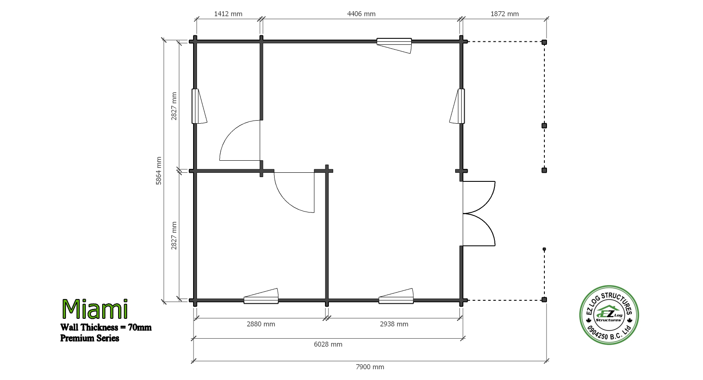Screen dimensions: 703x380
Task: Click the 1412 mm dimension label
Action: pyautogui.click(x=228, y=14)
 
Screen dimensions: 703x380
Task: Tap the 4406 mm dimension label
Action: pyautogui.click(x=361, y=14)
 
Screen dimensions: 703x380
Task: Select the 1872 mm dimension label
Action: pyautogui.click(x=505, y=14)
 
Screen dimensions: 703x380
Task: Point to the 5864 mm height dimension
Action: pyautogui.click(x=159, y=171)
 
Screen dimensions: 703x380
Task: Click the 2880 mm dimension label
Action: pyautogui.click(x=261, y=324)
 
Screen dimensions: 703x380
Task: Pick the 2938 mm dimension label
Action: pyautogui.click(x=394, y=324)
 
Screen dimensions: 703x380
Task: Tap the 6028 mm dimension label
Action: pyautogui.click(x=328, y=344)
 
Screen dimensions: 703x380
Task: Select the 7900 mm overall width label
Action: pyautogui.click(x=370, y=367)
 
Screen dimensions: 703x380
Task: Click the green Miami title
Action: pyautogui.click(x=95, y=309)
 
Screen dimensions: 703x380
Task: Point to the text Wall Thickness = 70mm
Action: pyautogui.click(x=106, y=327)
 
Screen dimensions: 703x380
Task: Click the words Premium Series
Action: pyautogui.click(x=90, y=338)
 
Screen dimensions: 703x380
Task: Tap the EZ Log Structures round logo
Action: pyautogui.click(x=609, y=315)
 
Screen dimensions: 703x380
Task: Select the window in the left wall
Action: pyautogui.click(x=199, y=106)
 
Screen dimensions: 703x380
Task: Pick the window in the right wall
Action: pyautogui.click(x=457, y=106)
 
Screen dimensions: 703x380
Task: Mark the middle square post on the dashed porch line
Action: pyautogui.click(x=544, y=125)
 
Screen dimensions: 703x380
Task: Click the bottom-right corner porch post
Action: pyautogui.click(x=544, y=300)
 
